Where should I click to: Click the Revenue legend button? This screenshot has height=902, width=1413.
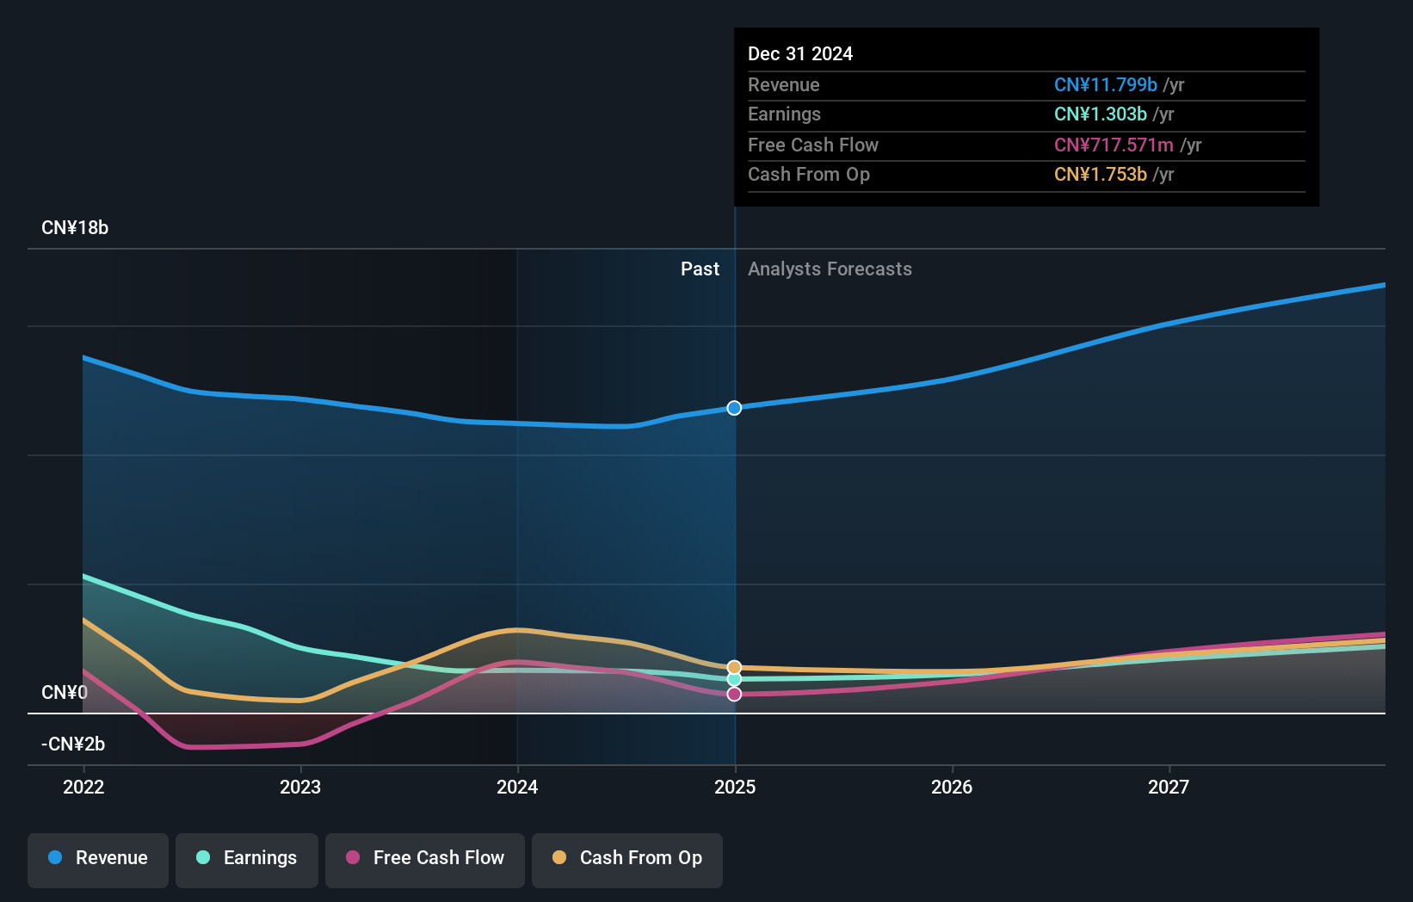pos(98,858)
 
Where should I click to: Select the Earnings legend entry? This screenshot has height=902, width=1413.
pos(247,858)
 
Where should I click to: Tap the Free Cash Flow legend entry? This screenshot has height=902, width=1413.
pos(425,858)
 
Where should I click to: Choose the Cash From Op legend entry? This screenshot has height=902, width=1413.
pos(627,858)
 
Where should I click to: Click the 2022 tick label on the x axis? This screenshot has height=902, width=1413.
pos(83,788)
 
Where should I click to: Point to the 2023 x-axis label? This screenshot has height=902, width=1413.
pos(300,788)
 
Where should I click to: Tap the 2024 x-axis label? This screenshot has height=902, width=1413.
pos(517,788)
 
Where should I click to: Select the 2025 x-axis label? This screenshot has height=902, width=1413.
pos(735,788)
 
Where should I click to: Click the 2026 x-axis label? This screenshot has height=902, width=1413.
pos(952,788)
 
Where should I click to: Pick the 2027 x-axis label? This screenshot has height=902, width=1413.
pos(1169,788)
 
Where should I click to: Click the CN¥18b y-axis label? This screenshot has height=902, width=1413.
pos(75,228)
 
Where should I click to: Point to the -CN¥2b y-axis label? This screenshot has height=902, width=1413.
pos(73,744)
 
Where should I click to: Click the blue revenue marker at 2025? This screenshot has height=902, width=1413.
pos(734,408)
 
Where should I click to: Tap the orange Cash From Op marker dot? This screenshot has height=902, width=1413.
pos(734,667)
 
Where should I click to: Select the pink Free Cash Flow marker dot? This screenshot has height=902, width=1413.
pos(734,694)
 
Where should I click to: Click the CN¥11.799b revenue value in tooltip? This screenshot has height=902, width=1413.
pos(1105,85)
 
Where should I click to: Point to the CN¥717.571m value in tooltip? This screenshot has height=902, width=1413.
pos(1114,145)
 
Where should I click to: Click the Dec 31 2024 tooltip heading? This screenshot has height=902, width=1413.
pos(800,54)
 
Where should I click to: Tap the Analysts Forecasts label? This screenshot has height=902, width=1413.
pos(830,269)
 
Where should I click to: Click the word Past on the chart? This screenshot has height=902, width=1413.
pos(700,269)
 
